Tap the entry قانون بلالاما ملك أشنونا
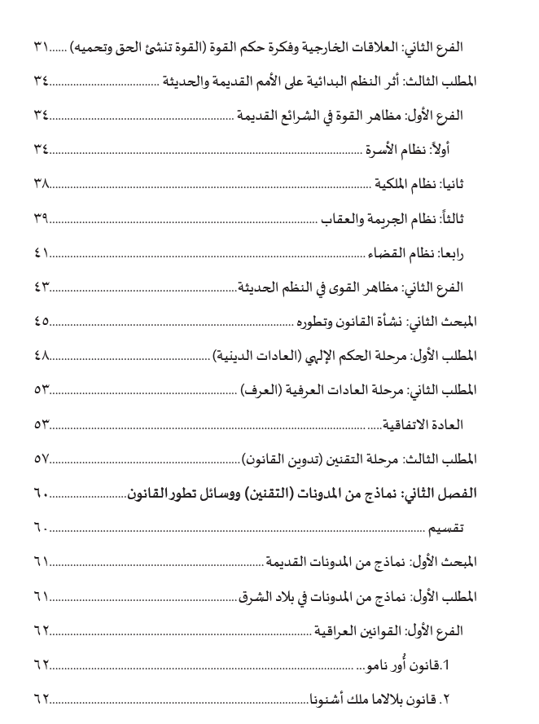point(383,699)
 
